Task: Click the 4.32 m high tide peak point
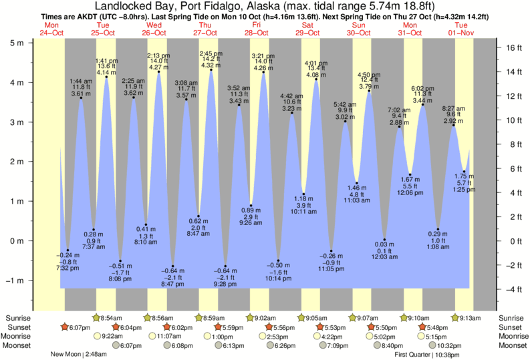tap(212, 70)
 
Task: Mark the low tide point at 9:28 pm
tap(225, 265)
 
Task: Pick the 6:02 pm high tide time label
tap(422, 88)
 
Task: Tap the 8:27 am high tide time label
tap(454, 108)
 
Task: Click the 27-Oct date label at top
tap(205, 33)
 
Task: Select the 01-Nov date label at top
tap(461, 33)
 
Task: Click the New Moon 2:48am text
tap(79, 355)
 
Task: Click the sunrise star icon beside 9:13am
tap(455, 318)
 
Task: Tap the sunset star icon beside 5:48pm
tap(422, 327)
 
